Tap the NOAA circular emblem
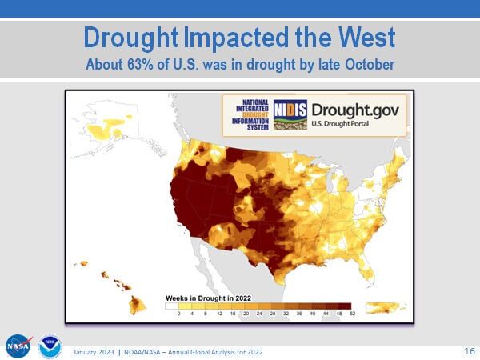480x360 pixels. [50, 346]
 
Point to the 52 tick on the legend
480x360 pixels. [350, 314]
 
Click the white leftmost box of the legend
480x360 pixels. [172, 306]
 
